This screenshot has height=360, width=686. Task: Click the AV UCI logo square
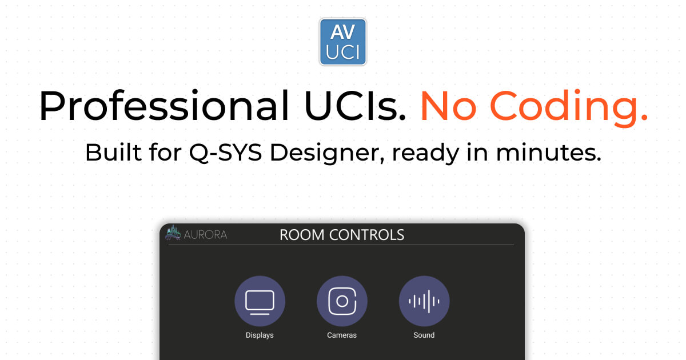click(x=342, y=42)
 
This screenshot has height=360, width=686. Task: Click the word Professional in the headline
click(x=163, y=106)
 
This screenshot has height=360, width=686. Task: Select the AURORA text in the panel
click(x=205, y=234)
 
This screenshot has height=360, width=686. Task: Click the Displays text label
click(x=260, y=335)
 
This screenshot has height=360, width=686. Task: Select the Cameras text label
click(x=342, y=335)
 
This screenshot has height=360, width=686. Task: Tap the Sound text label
click(x=424, y=335)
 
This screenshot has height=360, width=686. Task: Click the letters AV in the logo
click(x=342, y=33)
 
